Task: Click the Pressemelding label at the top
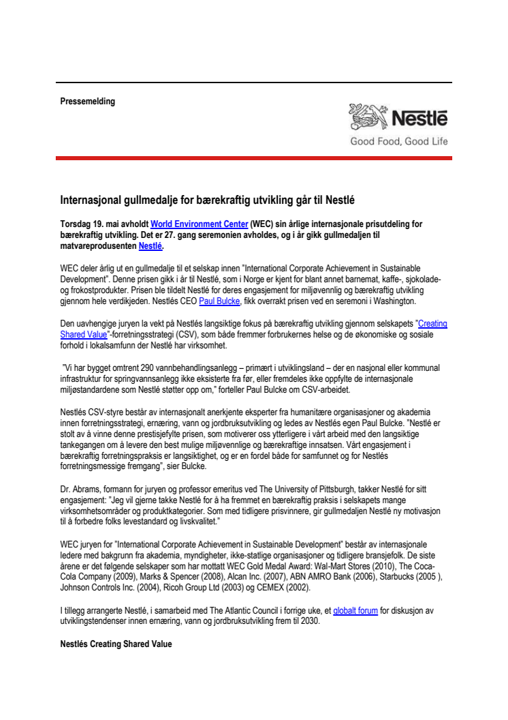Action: click(x=88, y=102)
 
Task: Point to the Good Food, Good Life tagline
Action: click(x=398, y=142)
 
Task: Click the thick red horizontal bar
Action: click(x=254, y=157)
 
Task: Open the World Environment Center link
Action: click(x=198, y=223)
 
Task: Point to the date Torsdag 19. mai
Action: click(x=89, y=223)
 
